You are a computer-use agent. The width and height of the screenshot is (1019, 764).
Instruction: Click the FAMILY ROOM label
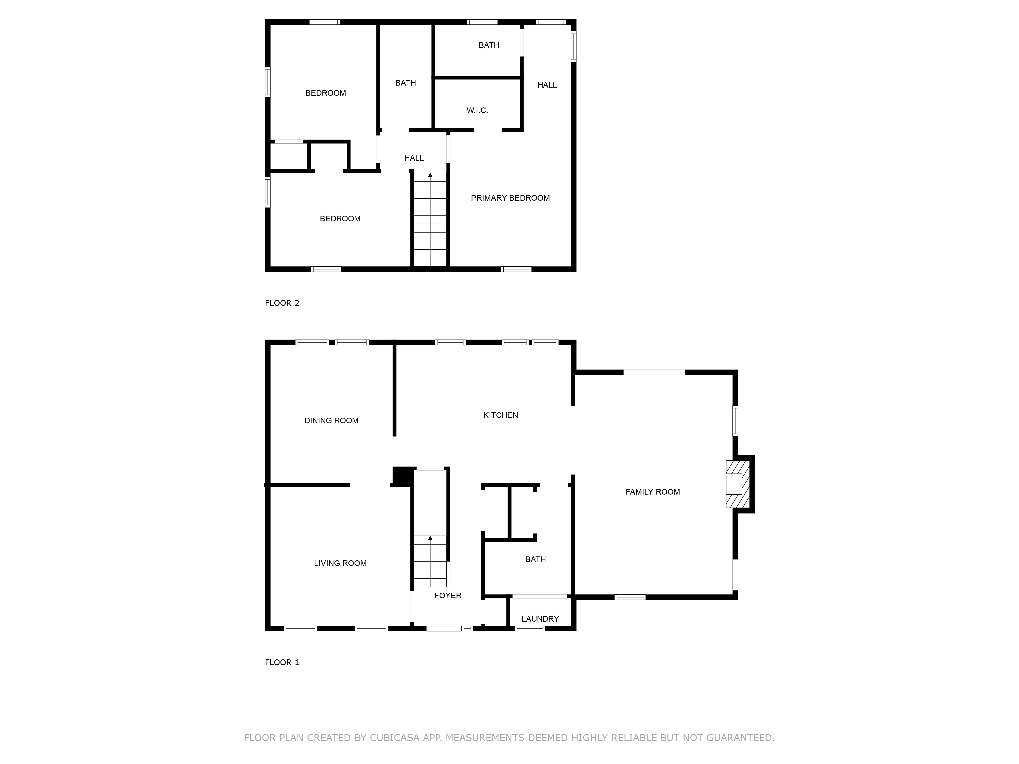click(x=652, y=492)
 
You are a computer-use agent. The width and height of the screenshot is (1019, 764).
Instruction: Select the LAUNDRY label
click(x=540, y=619)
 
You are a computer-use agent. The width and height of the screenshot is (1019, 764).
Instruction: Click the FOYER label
click(x=448, y=595)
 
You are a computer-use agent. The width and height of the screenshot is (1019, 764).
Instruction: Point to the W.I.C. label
click(x=477, y=111)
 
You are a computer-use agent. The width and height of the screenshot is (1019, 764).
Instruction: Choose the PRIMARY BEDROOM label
click(x=510, y=198)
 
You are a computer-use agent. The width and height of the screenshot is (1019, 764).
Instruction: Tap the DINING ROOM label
click(x=331, y=420)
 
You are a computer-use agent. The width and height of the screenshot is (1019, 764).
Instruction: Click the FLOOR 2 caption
click(x=282, y=303)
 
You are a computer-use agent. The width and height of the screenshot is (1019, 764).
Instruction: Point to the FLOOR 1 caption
click(x=282, y=662)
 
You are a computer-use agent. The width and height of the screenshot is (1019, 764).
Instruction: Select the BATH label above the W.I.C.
click(x=489, y=45)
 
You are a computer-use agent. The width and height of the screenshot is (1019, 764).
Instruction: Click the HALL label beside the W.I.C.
click(x=547, y=85)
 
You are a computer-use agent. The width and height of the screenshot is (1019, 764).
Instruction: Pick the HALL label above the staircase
click(x=414, y=158)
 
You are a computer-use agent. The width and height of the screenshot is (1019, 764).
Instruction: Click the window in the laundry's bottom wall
click(x=530, y=629)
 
